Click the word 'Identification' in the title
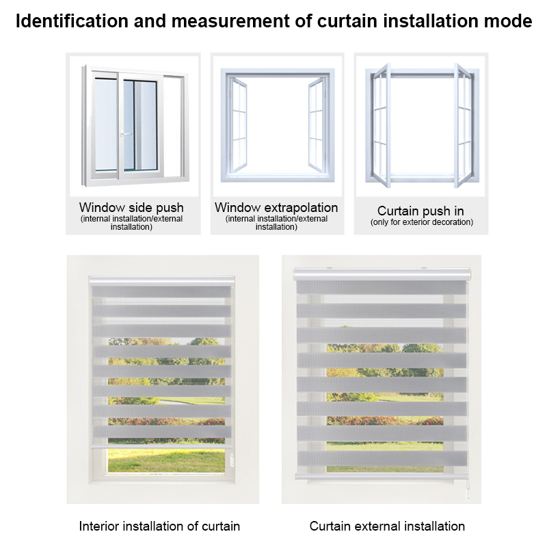pos(72,21)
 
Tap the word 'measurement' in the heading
pos(230,21)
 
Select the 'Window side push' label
pos(131,208)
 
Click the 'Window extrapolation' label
pos(276,208)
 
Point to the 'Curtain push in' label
pos(421,211)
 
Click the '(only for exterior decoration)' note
pos(422,222)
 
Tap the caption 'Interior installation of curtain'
pos(159,526)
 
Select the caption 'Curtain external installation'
pos(387,526)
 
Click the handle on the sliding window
pos(125,134)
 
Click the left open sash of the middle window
pos(238,126)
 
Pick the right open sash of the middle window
pos(317,125)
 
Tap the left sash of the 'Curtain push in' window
pos(381,126)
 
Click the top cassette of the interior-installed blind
pos(161,281)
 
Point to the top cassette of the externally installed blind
pos(382,274)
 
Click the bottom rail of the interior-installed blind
pos(161,446)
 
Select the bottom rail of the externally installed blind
pos(382,476)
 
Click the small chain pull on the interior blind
pos(232,459)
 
